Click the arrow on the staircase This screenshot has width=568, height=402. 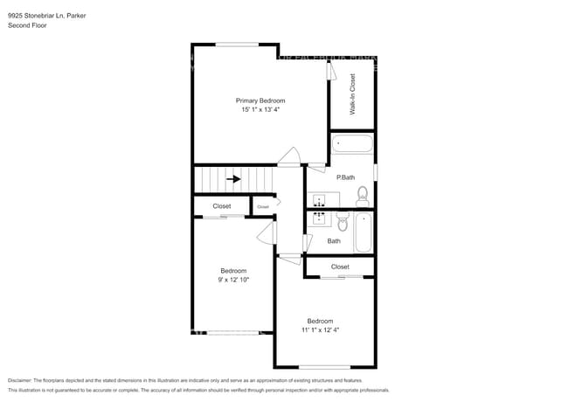tap(233, 179)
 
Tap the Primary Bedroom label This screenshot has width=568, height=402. tap(260, 100)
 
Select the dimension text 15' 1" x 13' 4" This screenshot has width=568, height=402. tap(260, 110)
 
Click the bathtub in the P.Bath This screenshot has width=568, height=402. tap(352, 144)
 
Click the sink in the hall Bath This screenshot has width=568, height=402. tap(319, 216)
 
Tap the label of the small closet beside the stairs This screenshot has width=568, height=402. tap(263, 206)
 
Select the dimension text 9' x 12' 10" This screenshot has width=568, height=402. tap(233, 280)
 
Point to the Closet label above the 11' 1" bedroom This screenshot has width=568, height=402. tap(340, 267)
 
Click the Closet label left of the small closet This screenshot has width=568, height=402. tap(222, 206)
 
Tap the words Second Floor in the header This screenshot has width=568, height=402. tap(27, 25)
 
